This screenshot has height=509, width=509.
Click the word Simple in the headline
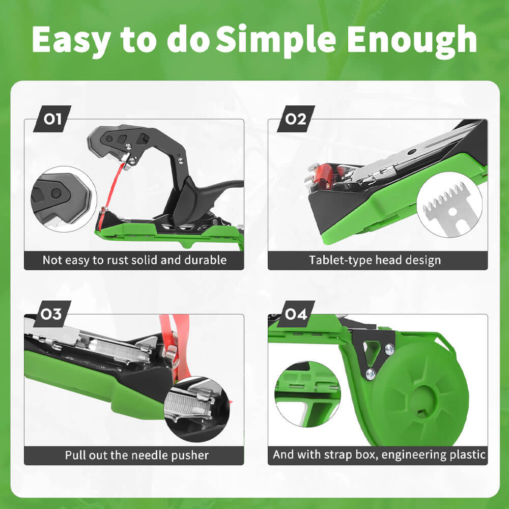pyautogui.click(x=276, y=40)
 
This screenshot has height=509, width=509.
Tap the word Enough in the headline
pyautogui.click(x=412, y=40)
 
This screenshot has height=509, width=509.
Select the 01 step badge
pyautogui.click(x=52, y=119)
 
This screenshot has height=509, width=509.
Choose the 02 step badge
pyautogui.click(x=296, y=119)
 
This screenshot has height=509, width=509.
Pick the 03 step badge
pyautogui.click(x=51, y=314)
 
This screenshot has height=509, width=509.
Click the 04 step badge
pyautogui.click(x=296, y=314)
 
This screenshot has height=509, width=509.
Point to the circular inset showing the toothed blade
pyautogui.click(x=449, y=204)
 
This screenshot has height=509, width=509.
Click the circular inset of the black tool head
pyautogui.click(x=64, y=199)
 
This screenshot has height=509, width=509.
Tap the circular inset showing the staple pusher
pyautogui.click(x=197, y=409)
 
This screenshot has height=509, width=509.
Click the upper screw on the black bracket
pyautogui.click(x=389, y=349)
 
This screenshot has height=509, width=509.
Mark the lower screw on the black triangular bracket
pyautogui.click(x=371, y=374)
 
